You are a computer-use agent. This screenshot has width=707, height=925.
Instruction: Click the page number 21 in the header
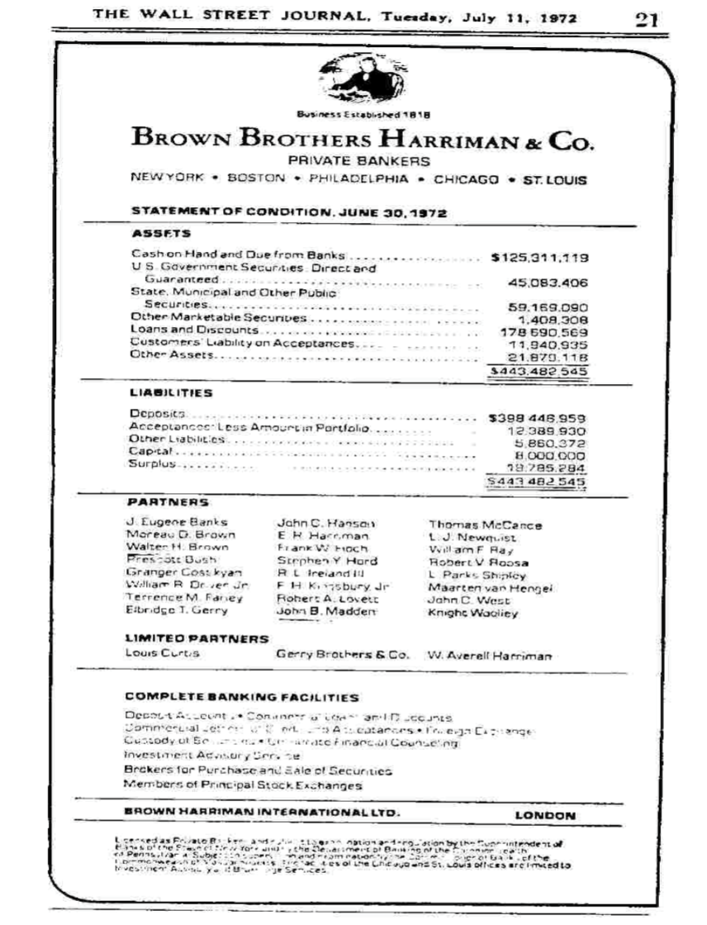click(x=645, y=19)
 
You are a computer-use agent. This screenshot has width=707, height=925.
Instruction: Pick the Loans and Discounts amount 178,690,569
click(x=547, y=331)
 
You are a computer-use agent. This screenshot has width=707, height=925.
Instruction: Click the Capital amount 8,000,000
click(x=550, y=454)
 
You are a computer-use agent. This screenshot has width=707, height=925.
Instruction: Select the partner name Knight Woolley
click(x=472, y=614)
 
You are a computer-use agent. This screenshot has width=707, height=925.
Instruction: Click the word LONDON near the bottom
click(x=545, y=814)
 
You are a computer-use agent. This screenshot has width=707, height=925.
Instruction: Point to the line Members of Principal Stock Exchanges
click(x=244, y=785)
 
